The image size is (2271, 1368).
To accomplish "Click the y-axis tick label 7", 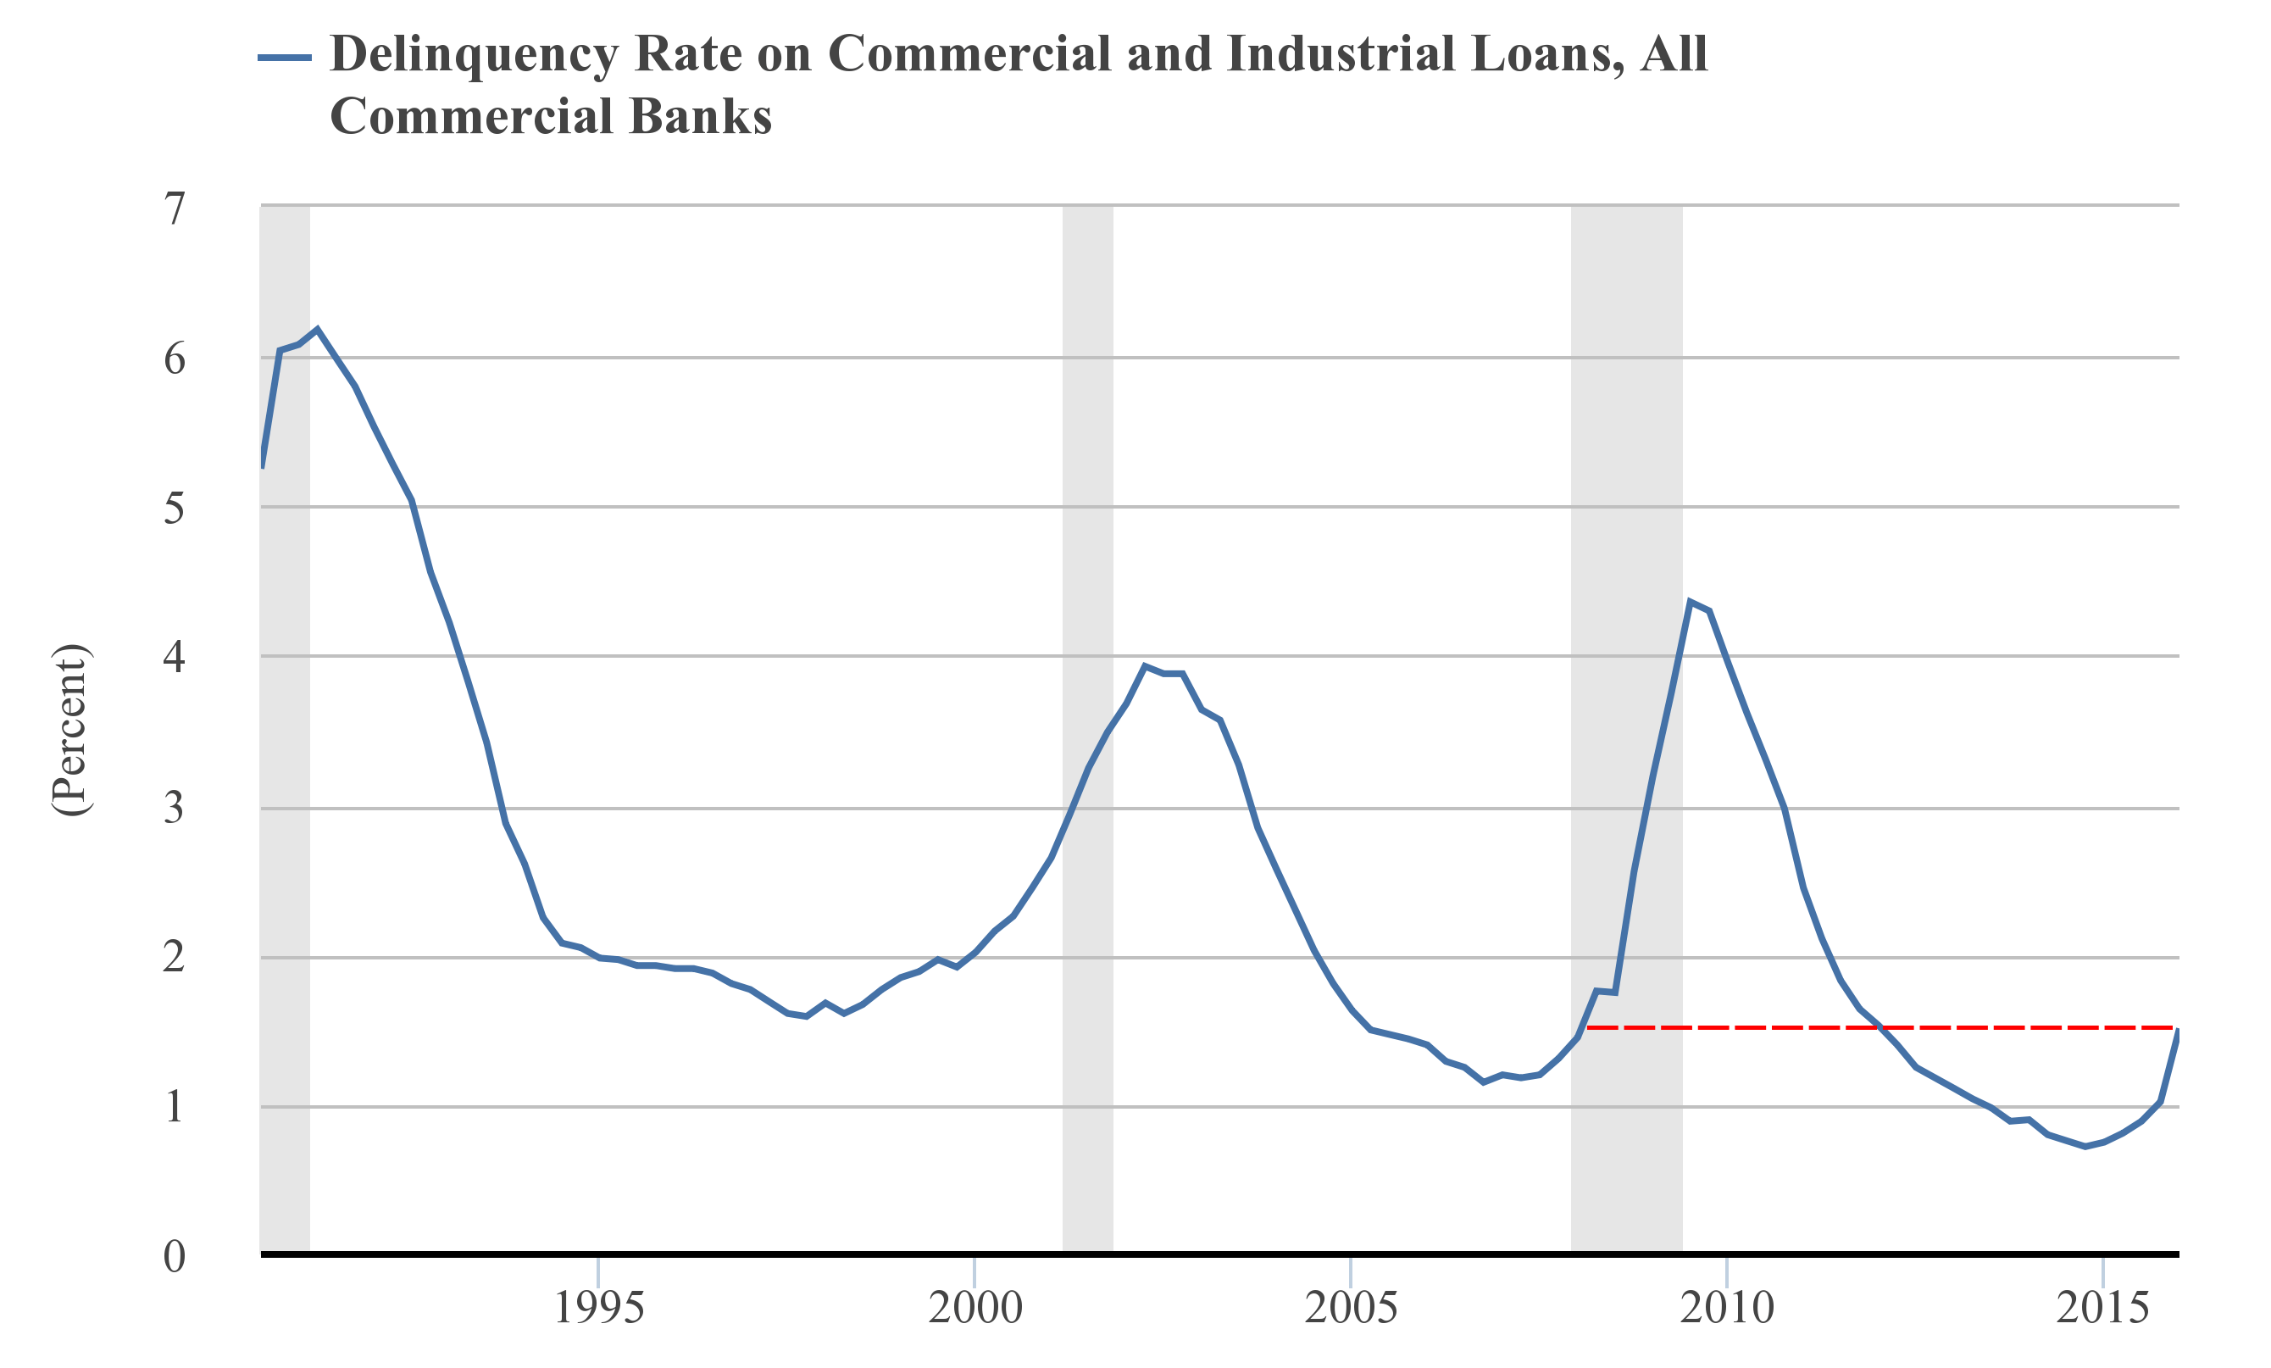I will [x=175, y=209].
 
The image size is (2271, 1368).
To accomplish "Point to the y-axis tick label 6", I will [x=175, y=359].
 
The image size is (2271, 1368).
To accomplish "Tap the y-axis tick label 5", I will [x=175, y=508].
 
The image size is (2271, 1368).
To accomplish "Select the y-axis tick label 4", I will [x=175, y=657].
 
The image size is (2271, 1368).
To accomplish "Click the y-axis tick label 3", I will [x=175, y=809].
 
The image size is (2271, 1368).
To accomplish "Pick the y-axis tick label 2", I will [x=175, y=958].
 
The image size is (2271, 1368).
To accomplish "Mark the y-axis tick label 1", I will [x=175, y=1107].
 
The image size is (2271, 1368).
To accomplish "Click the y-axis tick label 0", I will [x=175, y=1256].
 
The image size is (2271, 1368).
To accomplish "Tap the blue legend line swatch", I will [x=284, y=57].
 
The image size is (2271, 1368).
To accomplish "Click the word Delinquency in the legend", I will [x=474, y=55].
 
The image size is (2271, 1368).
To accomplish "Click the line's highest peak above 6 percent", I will [x=317, y=328].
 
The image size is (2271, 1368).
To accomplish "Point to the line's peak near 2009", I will [x=1690, y=601].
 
